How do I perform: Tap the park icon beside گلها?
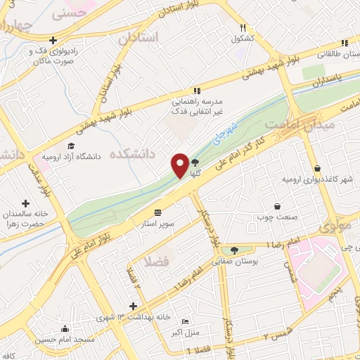195,161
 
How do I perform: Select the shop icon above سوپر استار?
157,211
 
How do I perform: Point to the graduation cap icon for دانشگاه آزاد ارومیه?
70,146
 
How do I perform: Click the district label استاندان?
139,37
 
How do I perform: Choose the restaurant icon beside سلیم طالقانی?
345,41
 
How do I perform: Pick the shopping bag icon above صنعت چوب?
277,206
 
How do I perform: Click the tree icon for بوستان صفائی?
234,249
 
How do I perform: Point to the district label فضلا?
156,262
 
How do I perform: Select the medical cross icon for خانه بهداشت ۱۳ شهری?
133,305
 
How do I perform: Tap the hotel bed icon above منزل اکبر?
185,321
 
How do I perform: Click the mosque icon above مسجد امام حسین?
65,328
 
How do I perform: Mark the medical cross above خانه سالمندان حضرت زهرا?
26,203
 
